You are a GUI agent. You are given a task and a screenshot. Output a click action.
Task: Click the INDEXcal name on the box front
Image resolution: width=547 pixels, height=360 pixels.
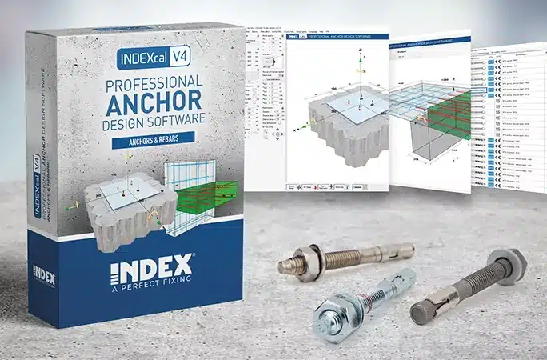click(x=150, y=62)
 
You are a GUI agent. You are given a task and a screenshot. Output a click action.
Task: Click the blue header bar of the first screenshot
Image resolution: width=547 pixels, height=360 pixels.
click(x=336, y=35)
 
